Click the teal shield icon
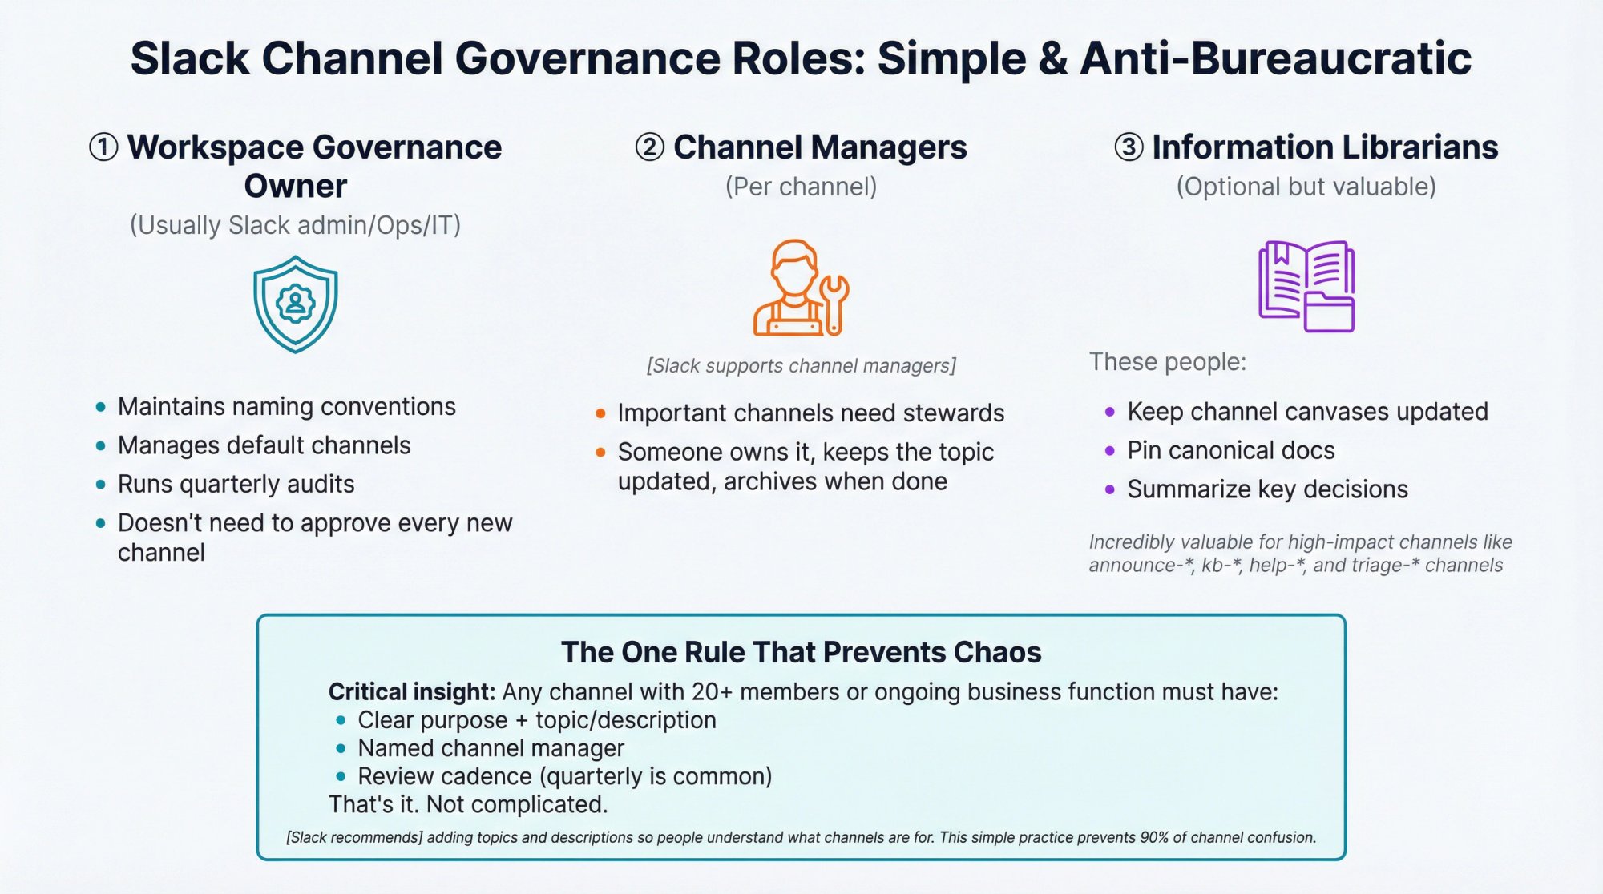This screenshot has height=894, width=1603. tap(295, 304)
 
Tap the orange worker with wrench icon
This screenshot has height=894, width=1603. tap(800, 288)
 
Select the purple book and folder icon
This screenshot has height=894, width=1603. tap(1306, 286)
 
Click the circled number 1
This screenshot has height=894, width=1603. tap(103, 147)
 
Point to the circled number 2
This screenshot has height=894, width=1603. tap(650, 147)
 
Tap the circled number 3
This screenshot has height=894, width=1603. tap(1129, 147)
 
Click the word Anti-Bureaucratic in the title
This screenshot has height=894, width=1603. tap(1275, 58)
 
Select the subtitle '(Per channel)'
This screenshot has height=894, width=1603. tap(801, 187)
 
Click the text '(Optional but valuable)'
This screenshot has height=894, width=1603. tap(1306, 187)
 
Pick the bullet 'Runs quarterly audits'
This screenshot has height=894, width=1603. tap(236, 484)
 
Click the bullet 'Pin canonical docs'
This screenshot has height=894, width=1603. tap(1230, 450)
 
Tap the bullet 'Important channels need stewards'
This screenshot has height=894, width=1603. tap(810, 413)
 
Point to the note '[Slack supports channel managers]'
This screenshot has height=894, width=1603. tap(801, 366)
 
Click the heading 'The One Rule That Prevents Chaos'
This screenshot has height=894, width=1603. tap(801, 652)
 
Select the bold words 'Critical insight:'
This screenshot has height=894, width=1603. tap(412, 691)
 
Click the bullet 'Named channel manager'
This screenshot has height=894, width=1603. tap(491, 748)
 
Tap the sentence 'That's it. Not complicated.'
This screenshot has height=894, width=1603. tap(468, 804)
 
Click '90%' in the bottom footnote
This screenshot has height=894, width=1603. tap(1154, 837)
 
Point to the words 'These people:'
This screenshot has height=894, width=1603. tap(1167, 362)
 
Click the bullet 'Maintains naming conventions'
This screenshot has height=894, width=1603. tap(286, 406)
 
